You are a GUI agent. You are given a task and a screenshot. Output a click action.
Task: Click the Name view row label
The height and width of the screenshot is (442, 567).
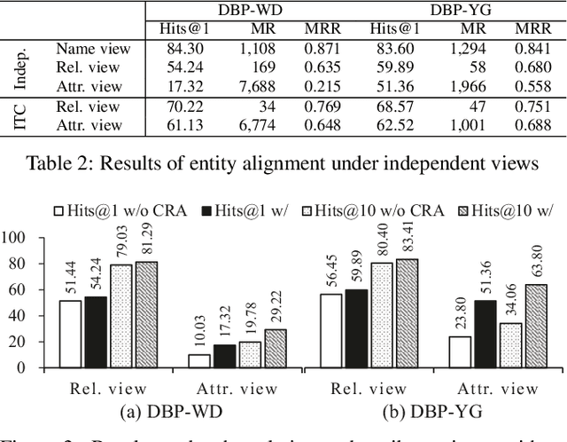93,50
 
